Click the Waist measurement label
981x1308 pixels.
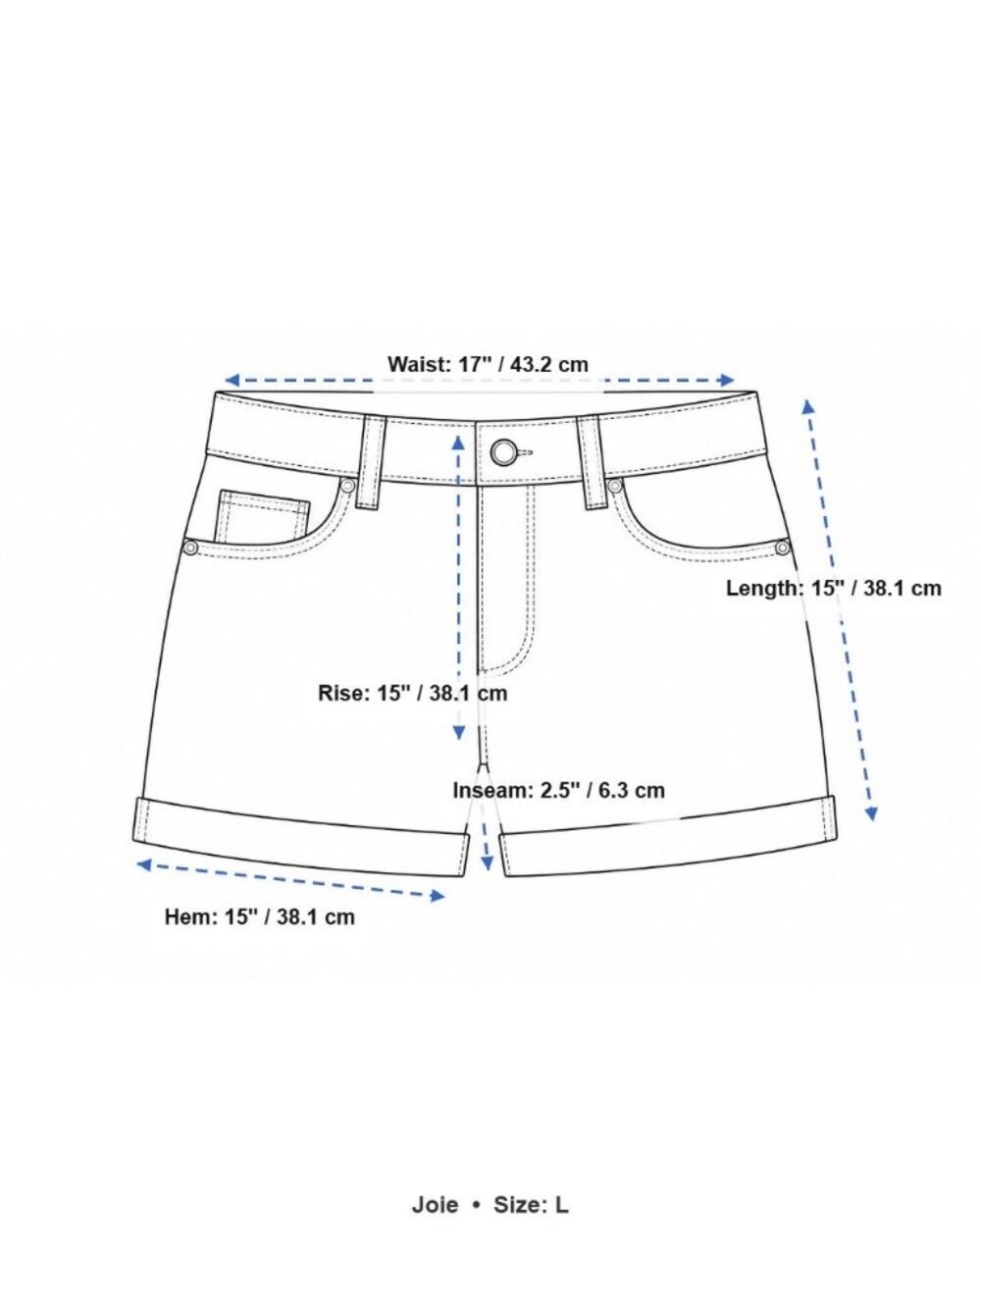488,363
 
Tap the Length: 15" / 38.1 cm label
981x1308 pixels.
833,588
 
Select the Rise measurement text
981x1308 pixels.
413,693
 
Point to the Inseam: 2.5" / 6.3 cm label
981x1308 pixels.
559,790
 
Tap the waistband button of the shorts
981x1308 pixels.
504,452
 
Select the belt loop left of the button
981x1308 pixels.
372,462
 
